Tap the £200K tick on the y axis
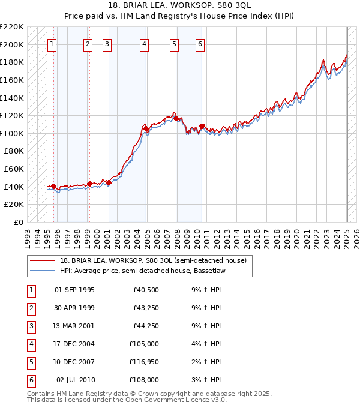[12, 44]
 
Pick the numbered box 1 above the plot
[52, 44]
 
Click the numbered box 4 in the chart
[145, 44]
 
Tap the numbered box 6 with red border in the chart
[200, 44]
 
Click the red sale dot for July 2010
[202, 127]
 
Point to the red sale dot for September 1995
[54, 186]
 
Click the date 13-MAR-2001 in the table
[74, 326]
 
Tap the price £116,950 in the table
[144, 362]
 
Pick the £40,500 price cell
[146, 290]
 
